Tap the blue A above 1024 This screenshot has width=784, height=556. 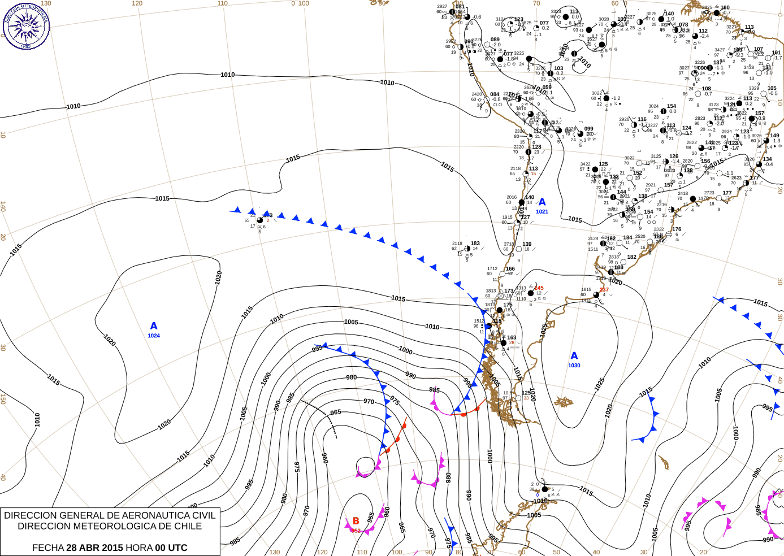pyautogui.click(x=154, y=326)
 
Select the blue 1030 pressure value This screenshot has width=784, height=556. pyautogui.click(x=574, y=366)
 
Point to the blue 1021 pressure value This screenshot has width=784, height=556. pyautogui.click(x=542, y=212)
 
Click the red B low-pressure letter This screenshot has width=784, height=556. pyautogui.click(x=356, y=521)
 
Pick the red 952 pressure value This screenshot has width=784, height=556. pyautogui.click(x=356, y=531)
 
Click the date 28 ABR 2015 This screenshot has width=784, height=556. pyautogui.click(x=94, y=548)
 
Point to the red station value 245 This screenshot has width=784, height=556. pyautogui.click(x=539, y=288)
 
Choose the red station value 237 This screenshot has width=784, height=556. pyautogui.click(x=604, y=290)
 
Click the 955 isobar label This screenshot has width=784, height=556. pyautogui.click(x=371, y=517)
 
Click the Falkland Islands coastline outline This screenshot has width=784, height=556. pyautogui.click(x=564, y=402)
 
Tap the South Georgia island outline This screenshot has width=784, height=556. pyautogui.click(x=663, y=463)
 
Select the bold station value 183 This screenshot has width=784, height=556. pyautogui.click(x=475, y=244)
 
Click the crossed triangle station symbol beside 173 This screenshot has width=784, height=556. pyautogui.click(x=500, y=296)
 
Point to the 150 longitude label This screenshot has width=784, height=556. pyautogui.click(x=3, y=398)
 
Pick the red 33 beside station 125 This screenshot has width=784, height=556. pyautogui.click(x=526, y=398)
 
